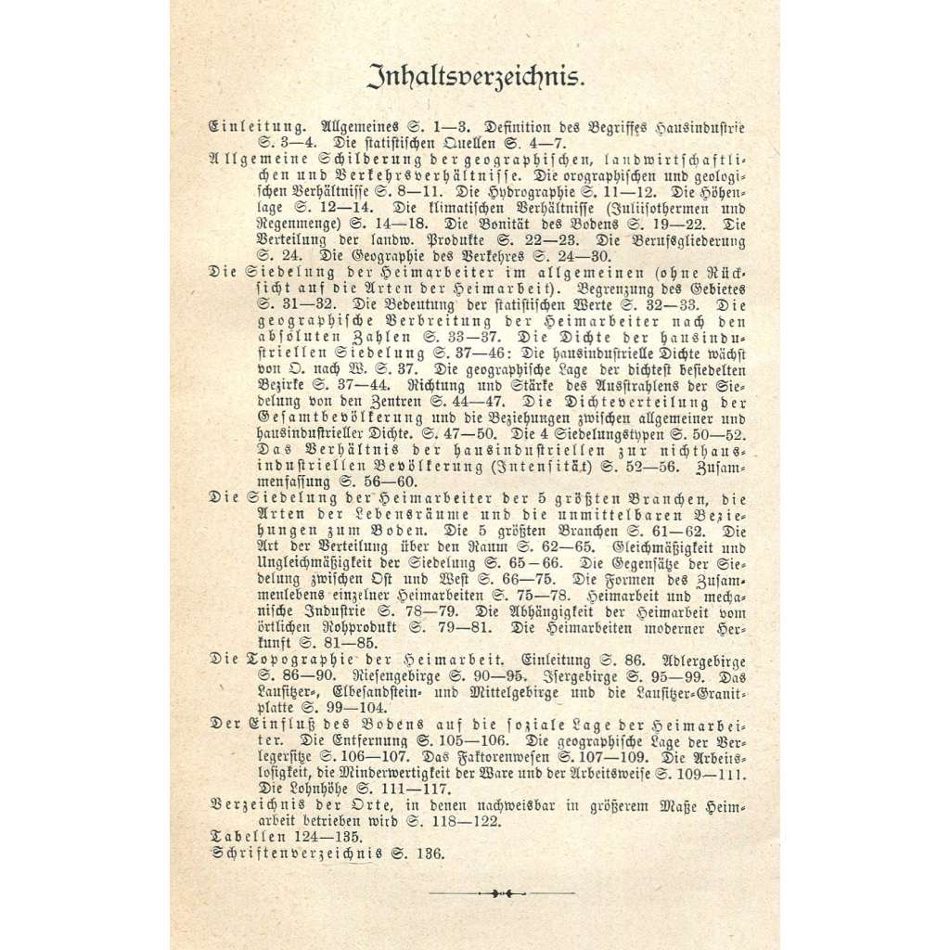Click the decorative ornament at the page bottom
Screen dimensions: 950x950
click(x=501, y=893)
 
